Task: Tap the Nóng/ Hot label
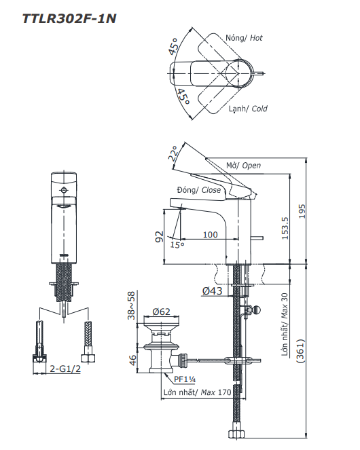click(x=244, y=38)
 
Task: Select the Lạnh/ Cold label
click(x=247, y=109)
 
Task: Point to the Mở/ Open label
click(x=242, y=165)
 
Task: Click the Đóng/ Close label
click(x=198, y=190)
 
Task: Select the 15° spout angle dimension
click(x=177, y=245)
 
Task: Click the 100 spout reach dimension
click(x=210, y=234)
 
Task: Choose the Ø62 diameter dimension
click(x=161, y=312)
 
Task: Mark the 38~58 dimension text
click(x=132, y=306)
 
